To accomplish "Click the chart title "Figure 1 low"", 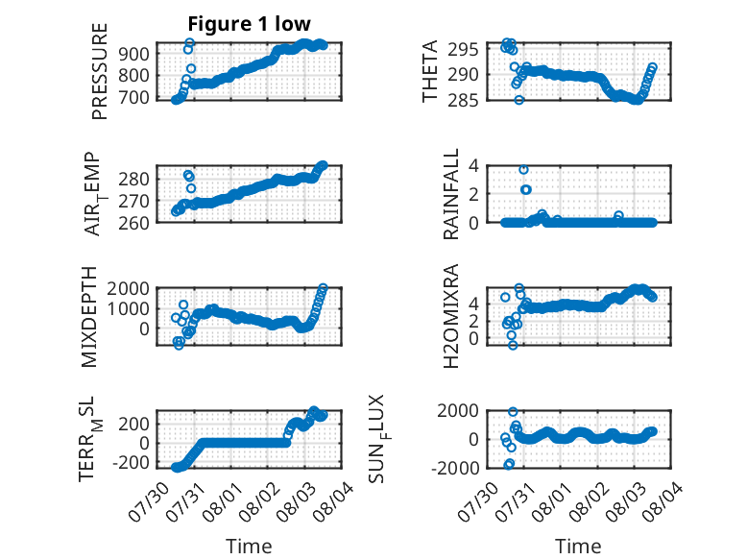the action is [x=249, y=24].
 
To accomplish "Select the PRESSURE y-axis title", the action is [x=100, y=71].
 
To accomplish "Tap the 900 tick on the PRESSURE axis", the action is [x=133, y=54].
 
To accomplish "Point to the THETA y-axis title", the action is [x=430, y=71].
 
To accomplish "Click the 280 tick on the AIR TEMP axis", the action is [x=133, y=180].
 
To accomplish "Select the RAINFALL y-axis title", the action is [x=450, y=194].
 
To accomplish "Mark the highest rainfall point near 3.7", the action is [x=523, y=170].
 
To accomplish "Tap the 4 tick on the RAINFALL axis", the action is [x=473, y=166].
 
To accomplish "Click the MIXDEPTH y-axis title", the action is [x=89, y=317].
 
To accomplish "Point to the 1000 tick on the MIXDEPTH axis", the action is [x=129, y=308].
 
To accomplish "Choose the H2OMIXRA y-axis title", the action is [x=450, y=316].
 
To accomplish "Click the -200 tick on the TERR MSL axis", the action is [x=130, y=463].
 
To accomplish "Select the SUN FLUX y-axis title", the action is [x=378, y=439].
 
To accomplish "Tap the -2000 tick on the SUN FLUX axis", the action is [x=455, y=468].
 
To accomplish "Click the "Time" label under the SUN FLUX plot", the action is [x=578, y=546].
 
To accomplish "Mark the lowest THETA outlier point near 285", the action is [x=519, y=100].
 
